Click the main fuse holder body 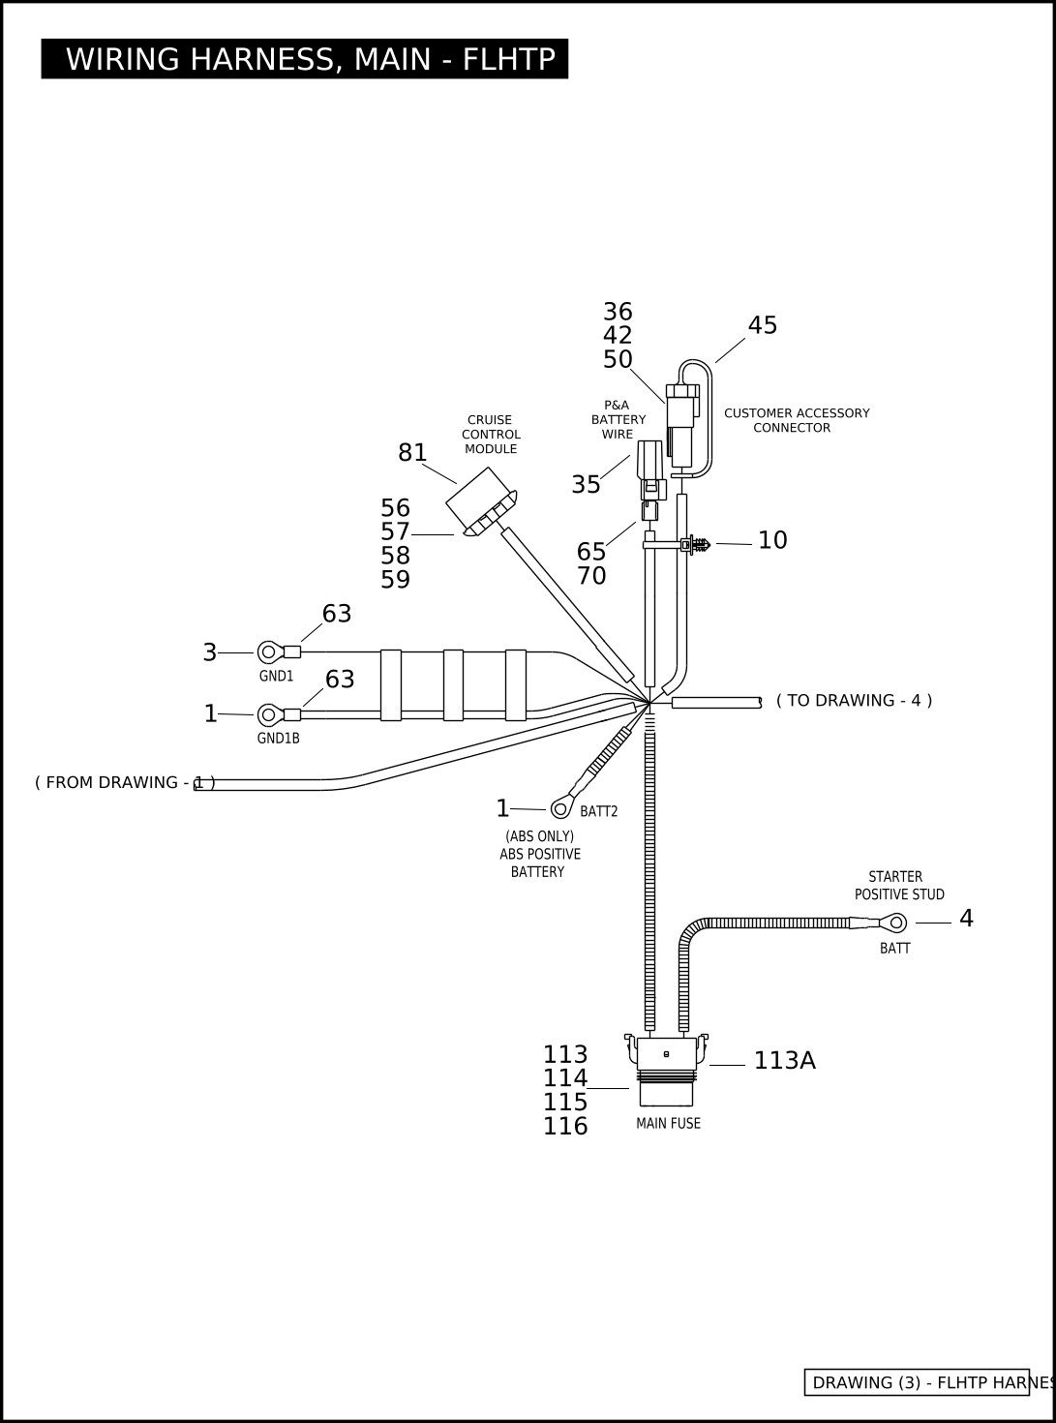coord(667,1070)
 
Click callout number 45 coord(762,325)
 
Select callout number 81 coord(412,453)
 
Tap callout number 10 coord(772,540)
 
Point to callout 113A coord(785,1061)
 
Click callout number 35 coord(586,485)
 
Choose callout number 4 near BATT coord(966,919)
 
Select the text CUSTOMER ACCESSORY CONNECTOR coord(797,420)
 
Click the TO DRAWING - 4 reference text coord(854,701)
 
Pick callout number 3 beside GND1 coord(210,652)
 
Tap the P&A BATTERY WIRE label coord(618,419)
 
